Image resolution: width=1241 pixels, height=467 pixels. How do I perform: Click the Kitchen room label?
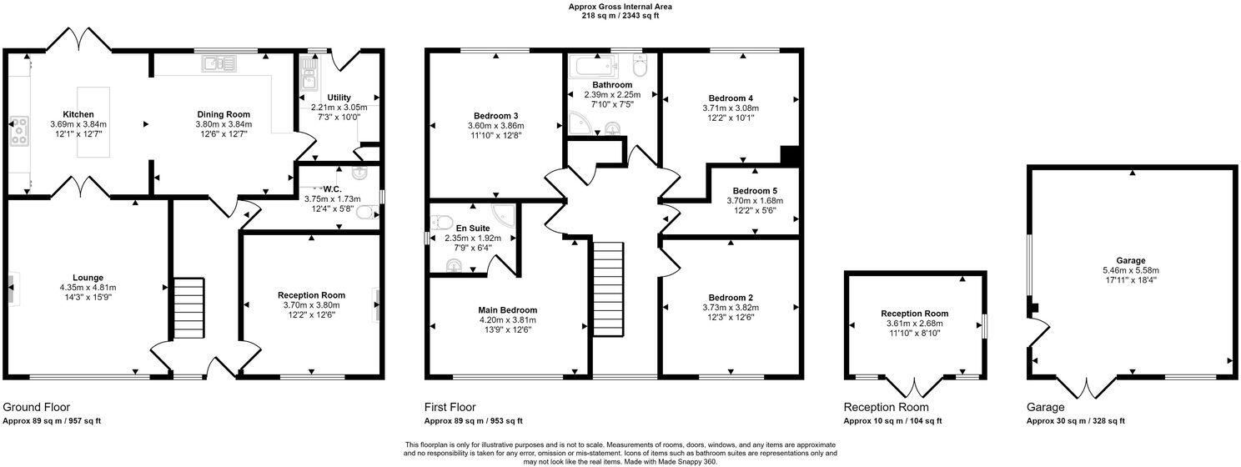click(x=78, y=114)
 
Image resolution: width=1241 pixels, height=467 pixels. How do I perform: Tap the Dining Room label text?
click(x=224, y=114)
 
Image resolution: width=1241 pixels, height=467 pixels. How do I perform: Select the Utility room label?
click(x=339, y=98)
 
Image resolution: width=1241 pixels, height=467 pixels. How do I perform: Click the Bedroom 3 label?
click(x=495, y=115)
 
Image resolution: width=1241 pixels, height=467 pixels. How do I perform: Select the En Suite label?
click(x=473, y=227)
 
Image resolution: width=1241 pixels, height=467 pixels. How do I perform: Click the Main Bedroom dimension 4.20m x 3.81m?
click(x=507, y=319)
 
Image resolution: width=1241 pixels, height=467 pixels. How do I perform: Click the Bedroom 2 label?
click(x=731, y=298)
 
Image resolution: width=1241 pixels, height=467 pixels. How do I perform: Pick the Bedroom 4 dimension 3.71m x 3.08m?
click(x=731, y=108)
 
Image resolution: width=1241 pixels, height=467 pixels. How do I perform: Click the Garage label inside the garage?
click(x=1131, y=260)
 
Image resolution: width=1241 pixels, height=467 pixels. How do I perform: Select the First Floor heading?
click(x=450, y=408)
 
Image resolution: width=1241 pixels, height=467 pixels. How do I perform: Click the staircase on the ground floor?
click(x=189, y=308)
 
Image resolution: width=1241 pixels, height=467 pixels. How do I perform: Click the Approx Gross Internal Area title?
click(x=620, y=7)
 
